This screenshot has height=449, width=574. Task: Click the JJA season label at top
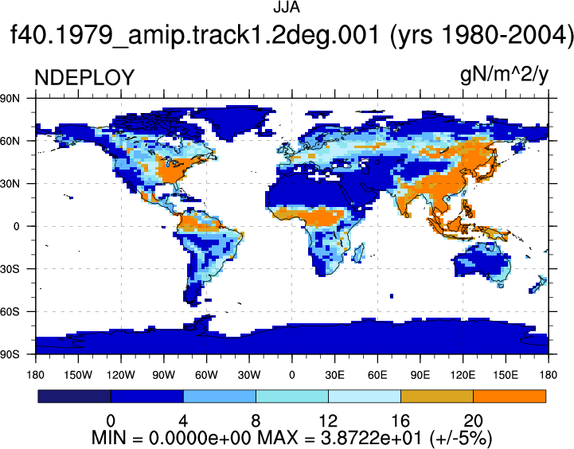pos(287,7)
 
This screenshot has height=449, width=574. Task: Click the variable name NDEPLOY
pos(84,77)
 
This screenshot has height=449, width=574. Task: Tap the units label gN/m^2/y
pos(504,76)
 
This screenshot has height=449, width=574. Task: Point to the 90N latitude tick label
pos(10,98)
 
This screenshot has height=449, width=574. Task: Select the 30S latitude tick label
pos(10,269)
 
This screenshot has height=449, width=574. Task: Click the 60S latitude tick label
pos(10,312)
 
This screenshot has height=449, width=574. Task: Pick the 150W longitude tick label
pos(78,375)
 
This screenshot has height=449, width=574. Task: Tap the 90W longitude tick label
pos(163,375)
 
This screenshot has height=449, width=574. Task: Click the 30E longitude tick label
pos(334,375)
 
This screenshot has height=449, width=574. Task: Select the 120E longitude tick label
pos(463,375)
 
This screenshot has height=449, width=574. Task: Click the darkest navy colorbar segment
pos(74,396)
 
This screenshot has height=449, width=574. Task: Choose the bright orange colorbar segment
pos(510,396)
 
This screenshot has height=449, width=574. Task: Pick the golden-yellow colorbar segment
pos(437,396)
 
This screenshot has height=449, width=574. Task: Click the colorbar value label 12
pos(328,421)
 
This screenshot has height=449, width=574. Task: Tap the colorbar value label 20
pos(473,421)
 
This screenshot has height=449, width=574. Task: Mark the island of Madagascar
pos(359,252)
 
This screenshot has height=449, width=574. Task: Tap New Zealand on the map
pos(538,285)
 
